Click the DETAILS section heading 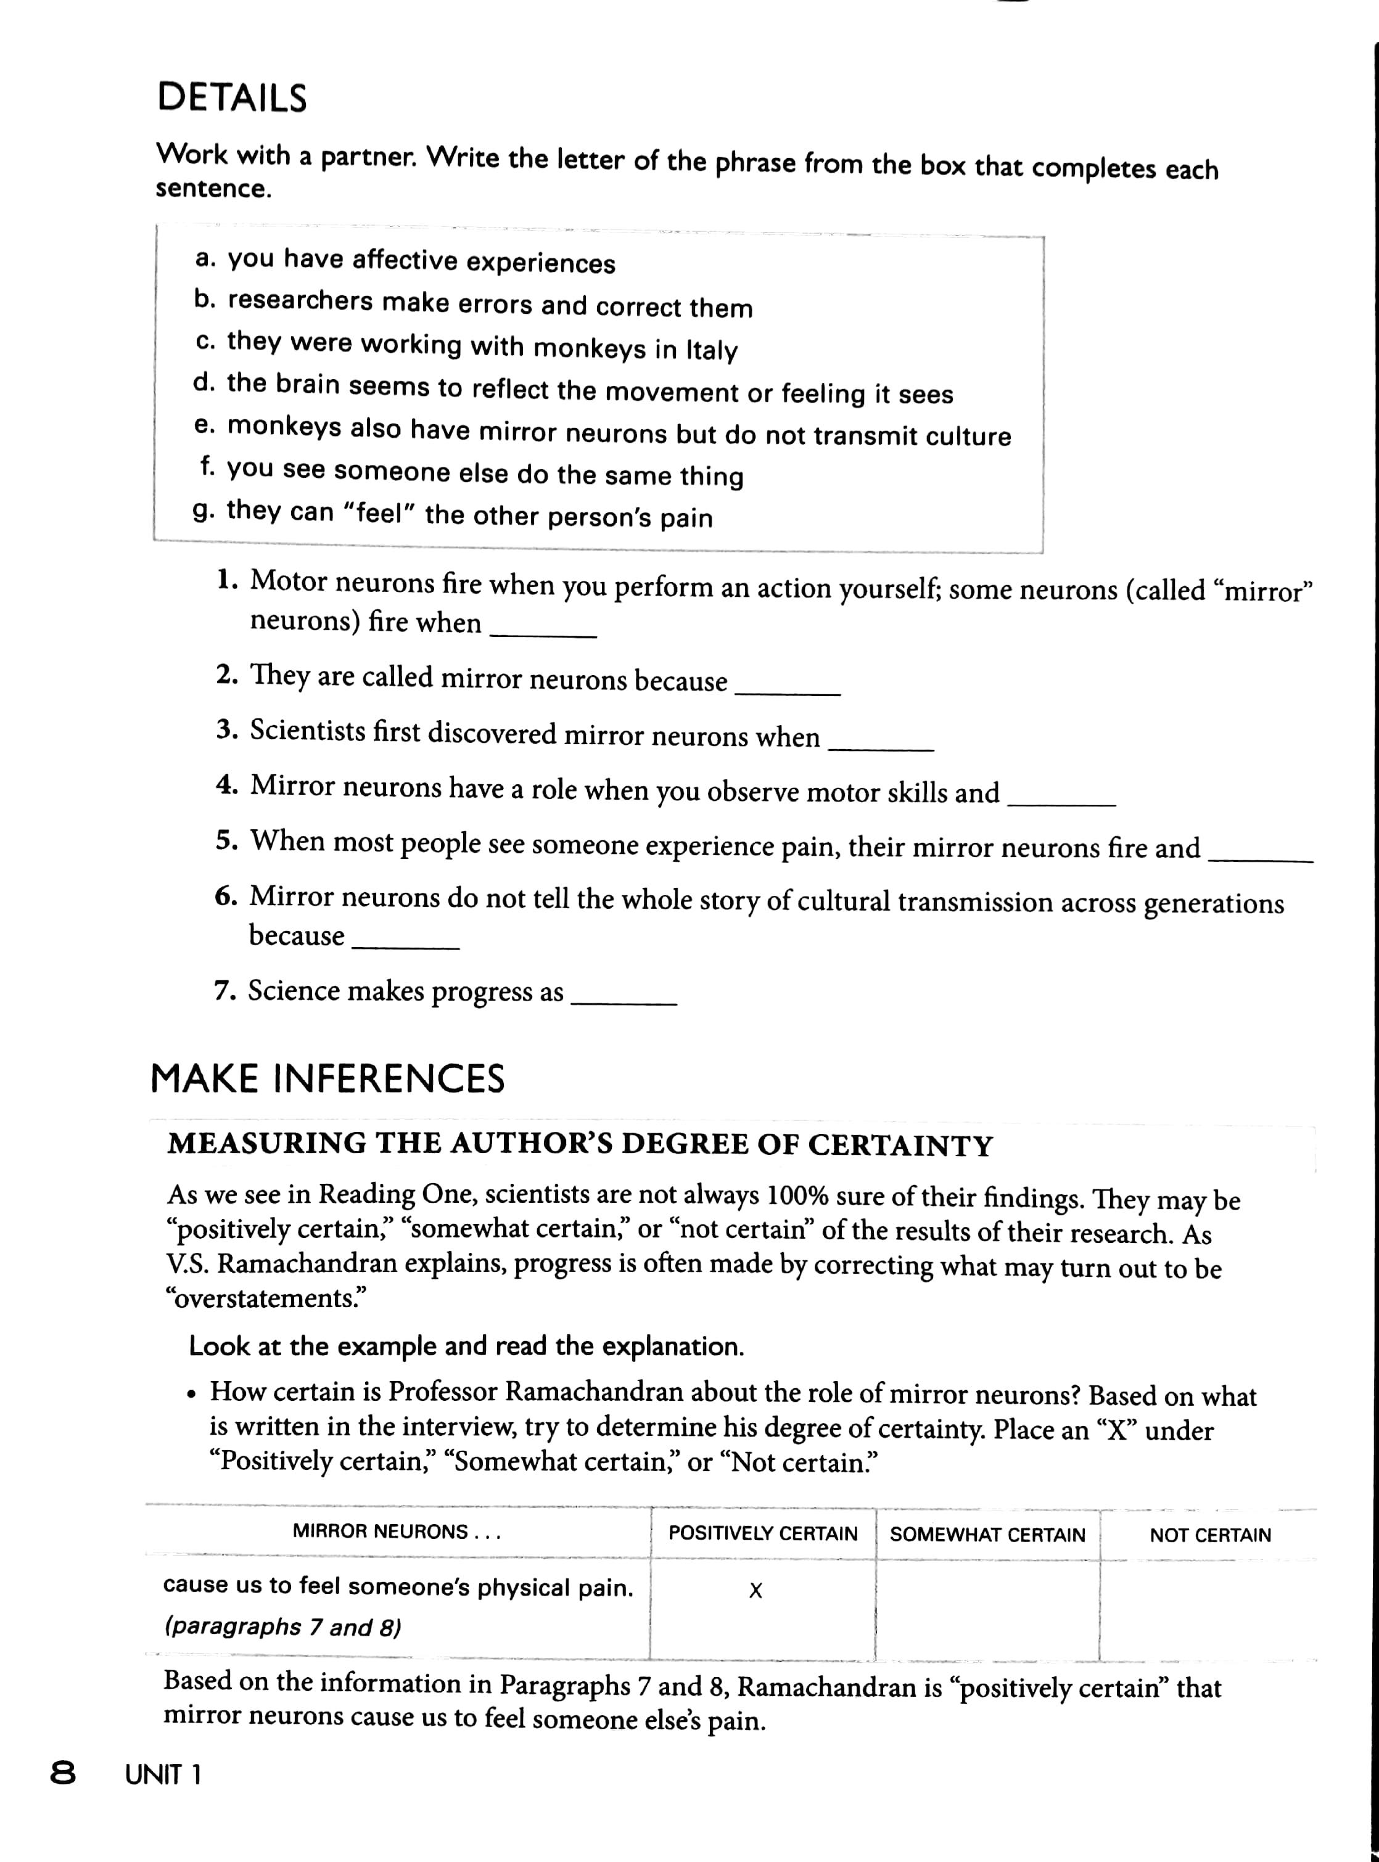(232, 97)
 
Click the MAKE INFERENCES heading (327, 1078)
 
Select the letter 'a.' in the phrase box (205, 259)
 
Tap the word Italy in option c (711, 350)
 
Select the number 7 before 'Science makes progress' (222, 991)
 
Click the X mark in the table (755, 1591)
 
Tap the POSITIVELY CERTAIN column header (762, 1533)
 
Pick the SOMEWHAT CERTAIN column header (987, 1534)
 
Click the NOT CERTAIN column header (1209, 1535)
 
